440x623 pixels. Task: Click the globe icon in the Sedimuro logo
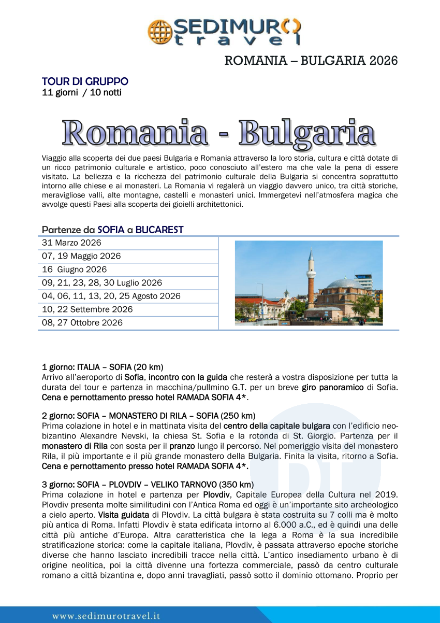(159, 31)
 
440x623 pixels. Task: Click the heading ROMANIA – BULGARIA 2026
(311, 61)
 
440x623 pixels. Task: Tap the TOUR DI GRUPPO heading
(85, 81)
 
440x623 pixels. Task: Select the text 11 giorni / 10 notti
(82, 93)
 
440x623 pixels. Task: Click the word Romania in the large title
(135, 132)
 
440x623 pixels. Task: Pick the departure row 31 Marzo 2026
(71, 243)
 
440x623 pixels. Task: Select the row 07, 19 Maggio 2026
(81, 256)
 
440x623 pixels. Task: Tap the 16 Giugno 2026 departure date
(75, 270)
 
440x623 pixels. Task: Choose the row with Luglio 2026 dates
(102, 283)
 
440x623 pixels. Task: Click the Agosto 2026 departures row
(111, 296)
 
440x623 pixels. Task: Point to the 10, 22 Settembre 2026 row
(87, 309)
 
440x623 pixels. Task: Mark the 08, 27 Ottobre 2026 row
(82, 322)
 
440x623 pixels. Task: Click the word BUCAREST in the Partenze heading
(159, 230)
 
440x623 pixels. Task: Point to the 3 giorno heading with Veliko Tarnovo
(148, 485)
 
